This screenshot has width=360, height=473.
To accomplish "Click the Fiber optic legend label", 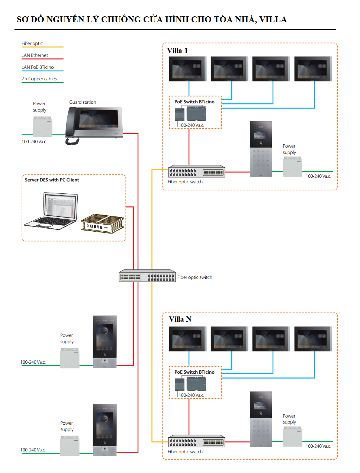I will (32, 44).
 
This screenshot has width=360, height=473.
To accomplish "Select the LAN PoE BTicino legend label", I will (38, 67).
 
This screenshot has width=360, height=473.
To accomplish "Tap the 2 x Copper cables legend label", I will (39, 79).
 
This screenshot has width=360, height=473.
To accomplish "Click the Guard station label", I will (83, 102).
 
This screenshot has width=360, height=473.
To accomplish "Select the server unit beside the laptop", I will (102, 223).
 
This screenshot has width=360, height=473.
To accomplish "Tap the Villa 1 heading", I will (177, 51).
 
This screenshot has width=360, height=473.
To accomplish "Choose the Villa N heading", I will (180, 319).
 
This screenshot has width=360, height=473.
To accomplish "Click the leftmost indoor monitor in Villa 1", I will (188, 69).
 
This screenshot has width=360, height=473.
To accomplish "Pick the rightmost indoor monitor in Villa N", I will (313, 339).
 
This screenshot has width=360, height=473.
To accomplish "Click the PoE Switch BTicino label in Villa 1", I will (195, 102).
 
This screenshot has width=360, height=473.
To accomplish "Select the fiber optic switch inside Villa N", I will (196, 441).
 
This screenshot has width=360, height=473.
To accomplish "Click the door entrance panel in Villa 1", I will (261, 149).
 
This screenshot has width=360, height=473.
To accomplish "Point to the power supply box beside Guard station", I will (42, 127).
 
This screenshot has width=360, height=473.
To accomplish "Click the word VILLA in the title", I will (273, 19).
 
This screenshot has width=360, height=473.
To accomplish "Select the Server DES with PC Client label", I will (52, 180).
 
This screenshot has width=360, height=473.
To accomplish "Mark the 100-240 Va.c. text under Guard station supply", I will (34, 142).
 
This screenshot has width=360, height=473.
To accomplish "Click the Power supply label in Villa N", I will (289, 419).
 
